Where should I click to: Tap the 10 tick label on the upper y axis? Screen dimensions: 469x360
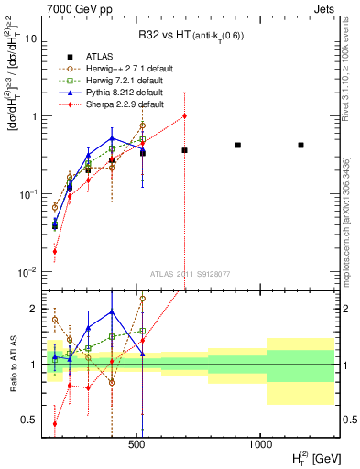(30, 38)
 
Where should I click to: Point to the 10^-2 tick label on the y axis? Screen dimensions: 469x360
(27, 272)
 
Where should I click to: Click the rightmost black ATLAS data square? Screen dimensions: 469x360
(300, 145)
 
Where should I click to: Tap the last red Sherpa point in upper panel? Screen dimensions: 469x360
(184, 115)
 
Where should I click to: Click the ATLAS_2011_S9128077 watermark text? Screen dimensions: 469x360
(189, 274)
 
